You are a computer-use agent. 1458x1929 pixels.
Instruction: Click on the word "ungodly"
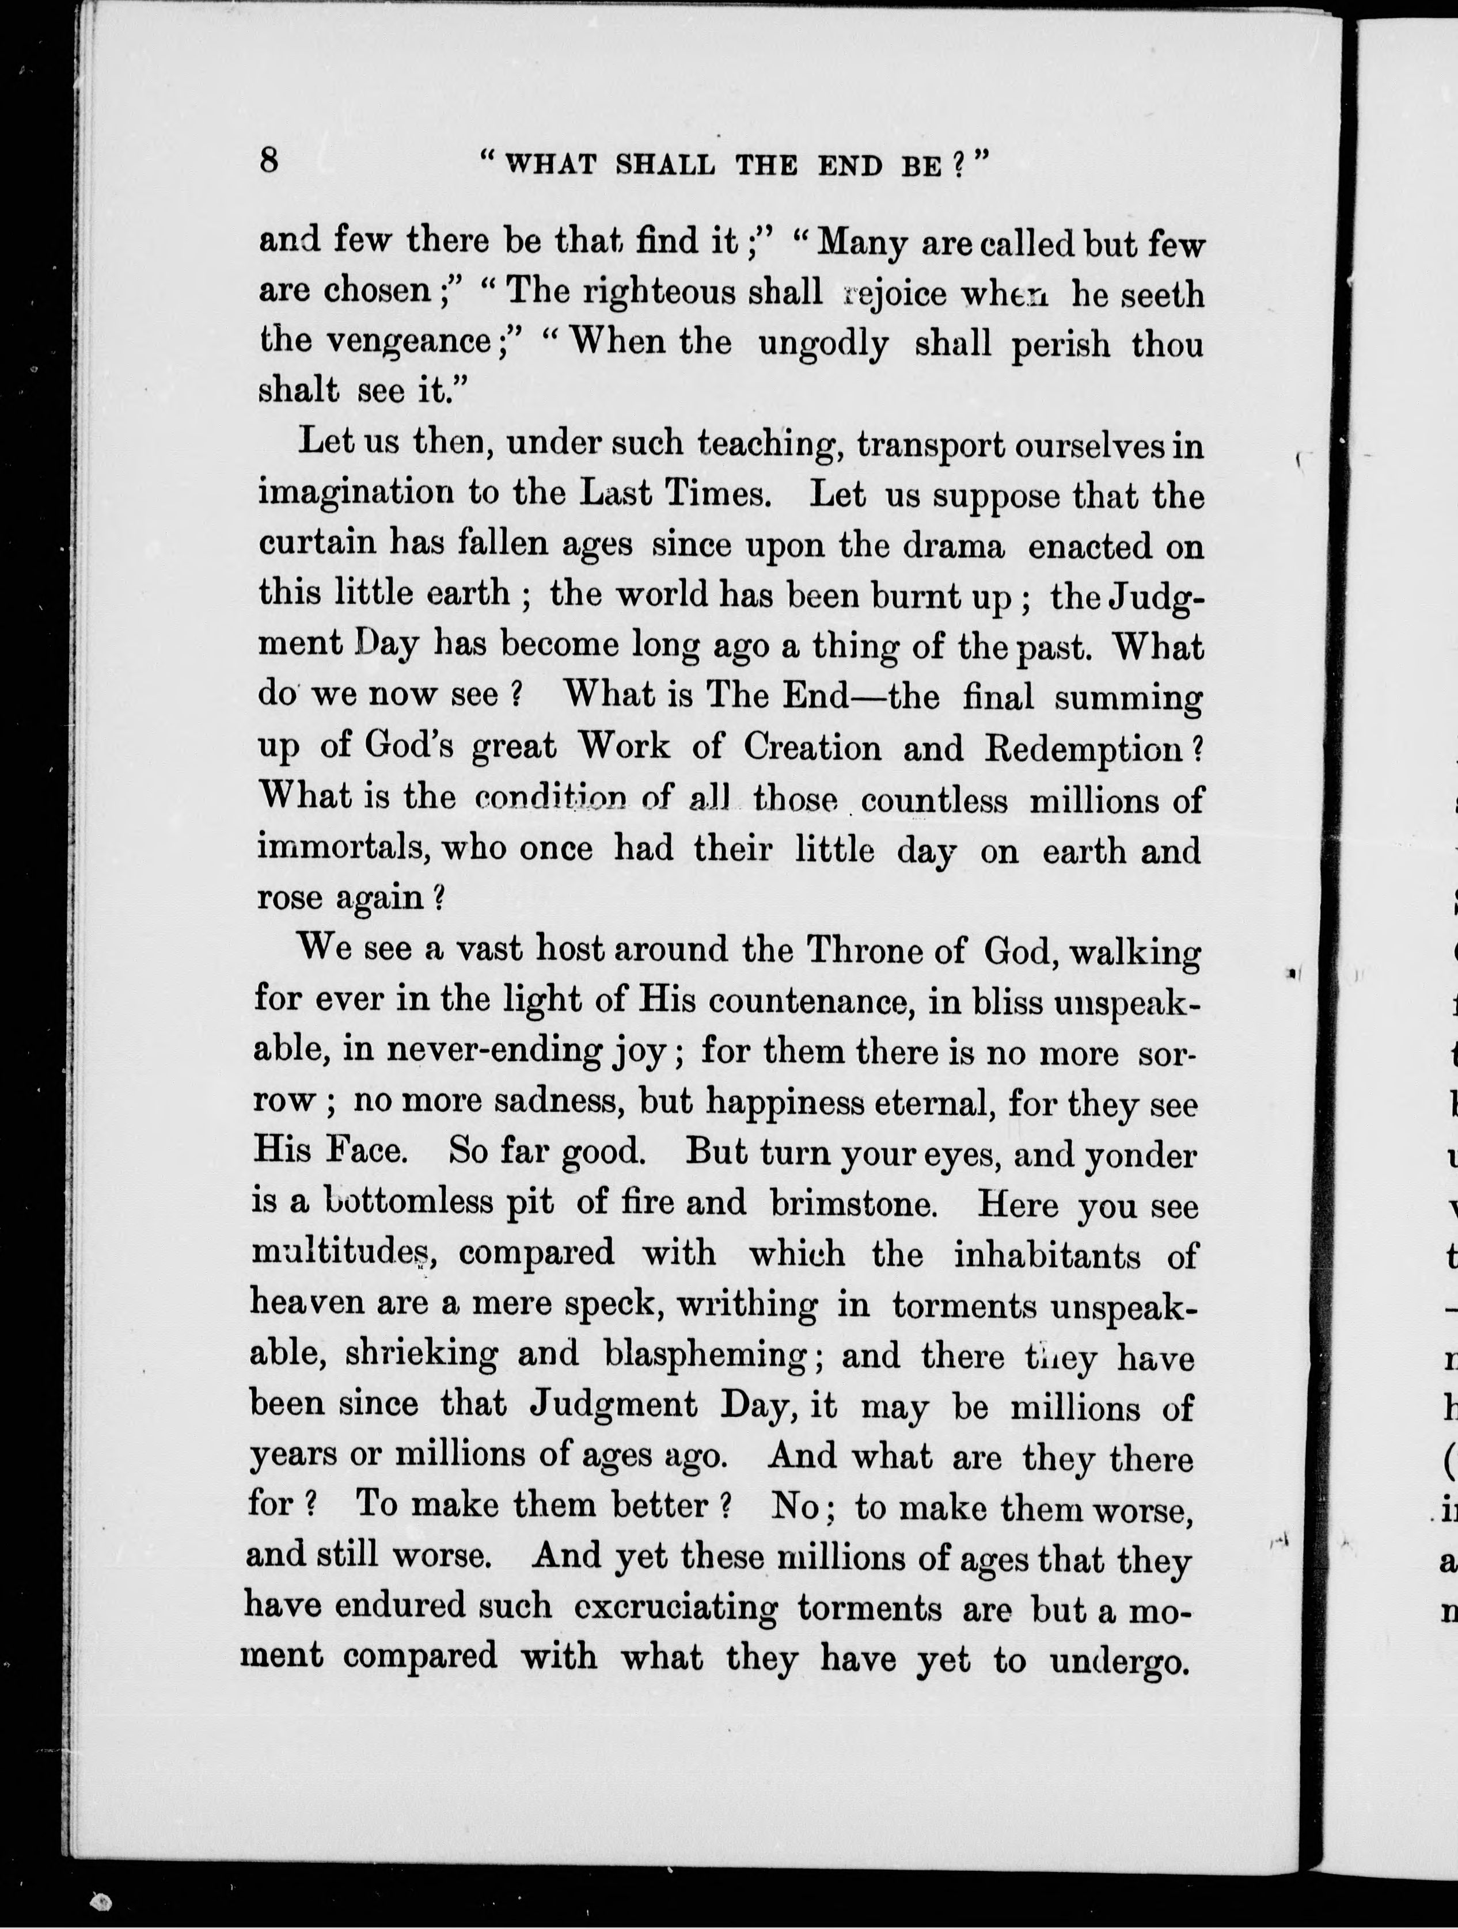coord(823,345)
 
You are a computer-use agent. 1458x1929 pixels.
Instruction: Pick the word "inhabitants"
coord(1046,1255)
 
